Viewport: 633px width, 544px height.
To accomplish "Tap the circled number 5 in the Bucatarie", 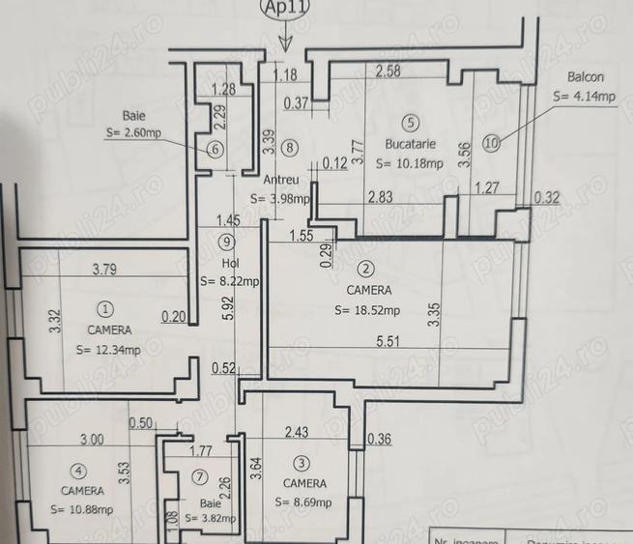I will click(412, 123).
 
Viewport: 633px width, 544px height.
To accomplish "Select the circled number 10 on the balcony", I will click(492, 144).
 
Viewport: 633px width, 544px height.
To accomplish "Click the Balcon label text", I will click(586, 77).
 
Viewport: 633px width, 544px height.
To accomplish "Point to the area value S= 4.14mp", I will click(584, 97).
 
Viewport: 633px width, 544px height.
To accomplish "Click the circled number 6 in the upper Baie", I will click(215, 149).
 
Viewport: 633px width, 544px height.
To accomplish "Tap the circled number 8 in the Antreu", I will click(290, 147).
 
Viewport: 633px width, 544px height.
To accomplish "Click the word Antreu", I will click(284, 181).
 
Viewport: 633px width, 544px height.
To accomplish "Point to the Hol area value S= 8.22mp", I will click(229, 282).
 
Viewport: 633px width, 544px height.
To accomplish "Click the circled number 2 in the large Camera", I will click(365, 270).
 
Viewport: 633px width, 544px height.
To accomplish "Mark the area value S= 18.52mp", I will click(367, 310).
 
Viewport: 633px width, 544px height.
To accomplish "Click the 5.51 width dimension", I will click(388, 339).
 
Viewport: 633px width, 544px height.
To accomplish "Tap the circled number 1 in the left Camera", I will click(104, 309).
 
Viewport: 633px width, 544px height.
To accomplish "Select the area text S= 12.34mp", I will click(107, 349).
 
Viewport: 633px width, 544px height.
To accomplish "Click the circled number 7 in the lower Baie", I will click(200, 476).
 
